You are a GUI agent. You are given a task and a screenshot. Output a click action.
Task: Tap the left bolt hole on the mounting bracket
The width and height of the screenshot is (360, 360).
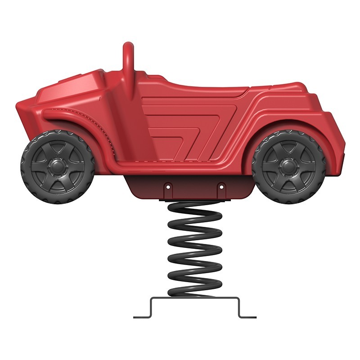[x=167, y=185]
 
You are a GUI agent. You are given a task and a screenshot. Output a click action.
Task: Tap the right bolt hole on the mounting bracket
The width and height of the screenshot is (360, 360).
[x=221, y=185]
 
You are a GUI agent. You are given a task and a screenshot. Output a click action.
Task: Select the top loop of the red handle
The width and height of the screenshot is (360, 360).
[x=128, y=46]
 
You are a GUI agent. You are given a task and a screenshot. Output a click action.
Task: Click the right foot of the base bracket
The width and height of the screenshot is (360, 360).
[x=247, y=317]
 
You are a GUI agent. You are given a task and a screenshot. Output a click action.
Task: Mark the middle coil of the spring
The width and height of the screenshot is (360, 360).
[x=194, y=250]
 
